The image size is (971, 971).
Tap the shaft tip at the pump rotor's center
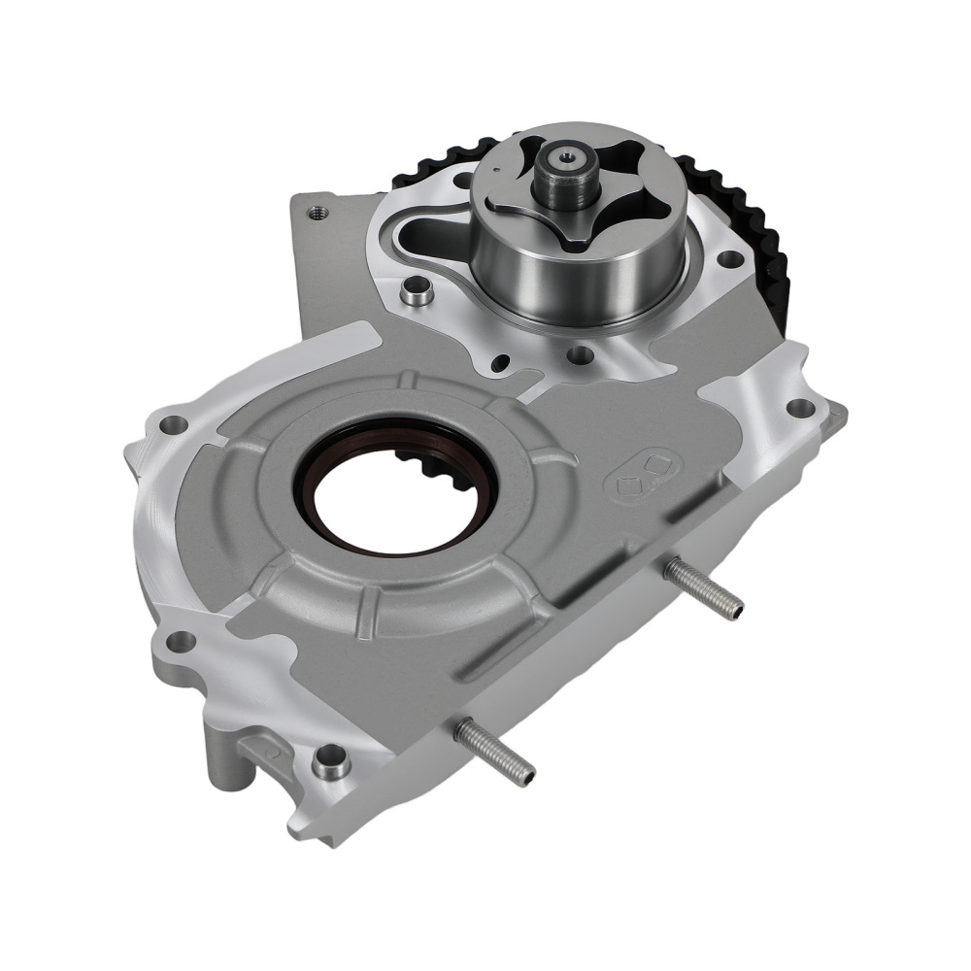(x=564, y=158)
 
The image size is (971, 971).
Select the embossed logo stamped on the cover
(x=642, y=470)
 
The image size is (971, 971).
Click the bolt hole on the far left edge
(x=173, y=423)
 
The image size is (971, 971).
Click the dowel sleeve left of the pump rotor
(x=418, y=292)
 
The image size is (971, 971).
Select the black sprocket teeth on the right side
(x=767, y=243)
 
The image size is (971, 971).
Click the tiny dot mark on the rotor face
(x=494, y=171)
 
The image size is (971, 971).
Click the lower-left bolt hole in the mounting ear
(x=181, y=641)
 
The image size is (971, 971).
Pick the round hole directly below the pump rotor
(x=581, y=356)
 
